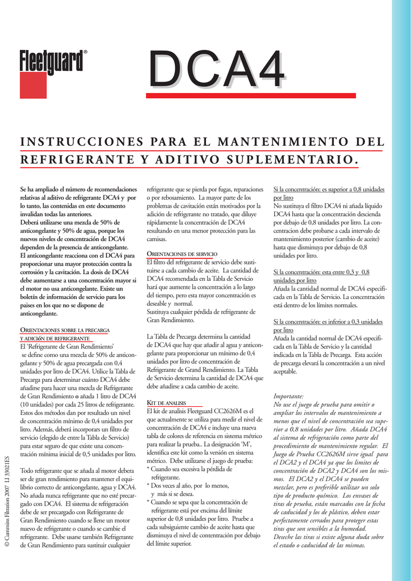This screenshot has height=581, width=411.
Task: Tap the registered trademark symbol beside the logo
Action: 86,52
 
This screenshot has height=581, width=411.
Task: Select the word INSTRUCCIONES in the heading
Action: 76,141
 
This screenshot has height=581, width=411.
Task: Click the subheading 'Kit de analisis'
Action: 167,403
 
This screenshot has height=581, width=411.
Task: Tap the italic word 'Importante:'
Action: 288,395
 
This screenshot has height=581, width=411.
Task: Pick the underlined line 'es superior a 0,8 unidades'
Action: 329,190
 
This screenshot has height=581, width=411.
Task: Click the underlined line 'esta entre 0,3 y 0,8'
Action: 321,272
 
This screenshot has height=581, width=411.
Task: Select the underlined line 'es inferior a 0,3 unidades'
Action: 328,322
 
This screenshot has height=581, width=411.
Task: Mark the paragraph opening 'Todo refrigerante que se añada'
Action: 78,470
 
